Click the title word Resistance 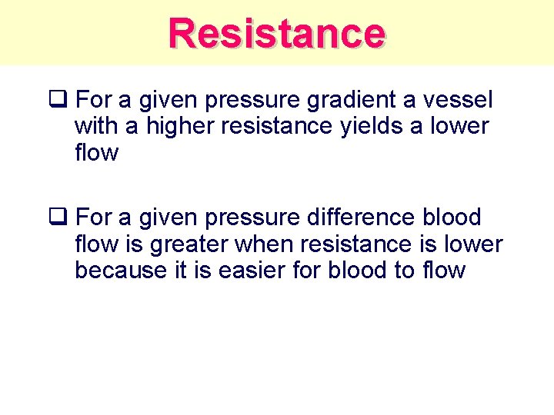click(277, 33)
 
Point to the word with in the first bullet click(96, 126)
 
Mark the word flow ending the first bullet click(97, 153)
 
